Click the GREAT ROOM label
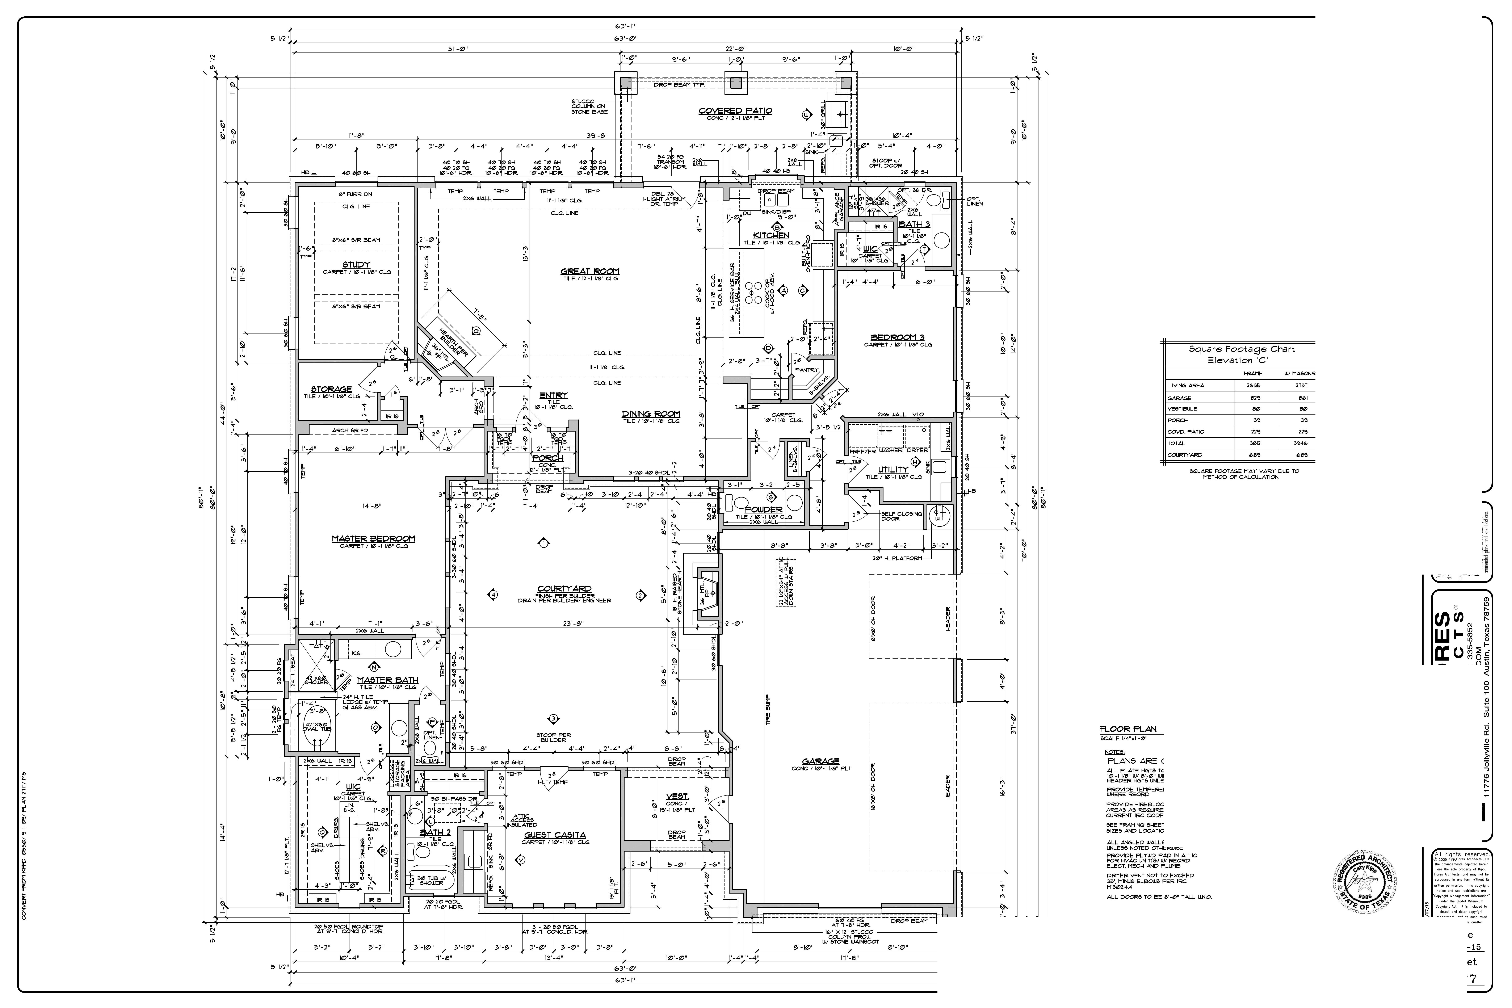point(589,271)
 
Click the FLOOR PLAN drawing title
point(1127,729)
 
